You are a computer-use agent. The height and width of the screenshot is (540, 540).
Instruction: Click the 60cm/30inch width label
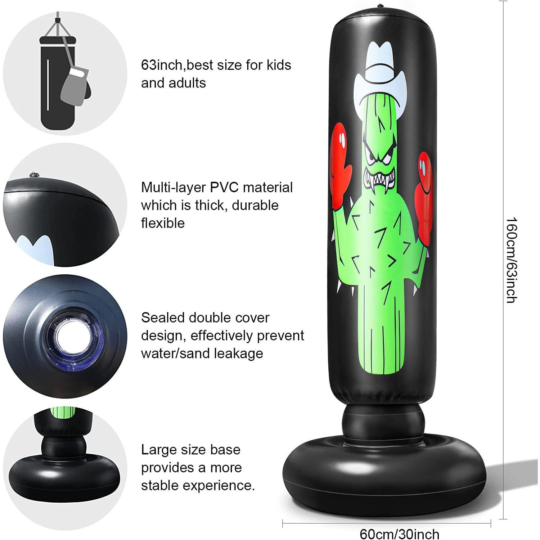(399, 534)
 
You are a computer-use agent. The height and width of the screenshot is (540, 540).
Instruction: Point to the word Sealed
(163, 318)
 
